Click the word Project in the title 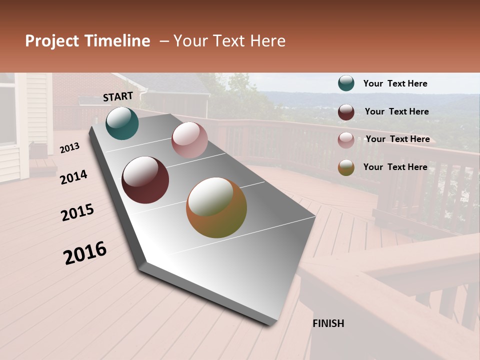[52, 41]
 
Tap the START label [118, 96]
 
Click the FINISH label [328, 323]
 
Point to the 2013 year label [69, 147]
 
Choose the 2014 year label [73, 177]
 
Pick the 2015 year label [77, 212]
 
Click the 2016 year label [85, 253]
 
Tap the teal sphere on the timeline [122, 123]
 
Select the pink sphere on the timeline [189, 140]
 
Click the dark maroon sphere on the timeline [145, 180]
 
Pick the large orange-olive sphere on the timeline [216, 207]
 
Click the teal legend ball [346, 83]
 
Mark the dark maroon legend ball [346, 112]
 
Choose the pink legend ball [346, 140]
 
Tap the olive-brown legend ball [346, 167]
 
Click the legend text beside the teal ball [395, 84]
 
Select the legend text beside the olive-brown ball [395, 167]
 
